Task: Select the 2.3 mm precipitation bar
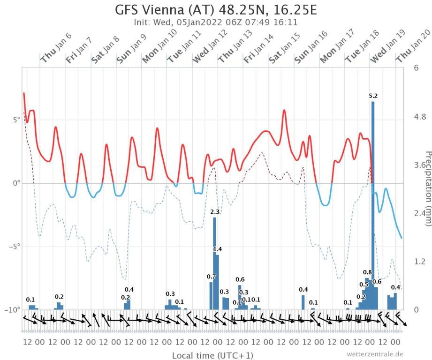point(215,263)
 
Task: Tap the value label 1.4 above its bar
point(218,249)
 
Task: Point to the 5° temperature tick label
point(16,119)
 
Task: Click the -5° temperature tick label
point(15,247)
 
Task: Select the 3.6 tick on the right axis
point(419,165)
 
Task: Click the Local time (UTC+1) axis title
point(212,355)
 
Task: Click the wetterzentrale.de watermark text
point(375,354)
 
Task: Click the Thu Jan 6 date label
point(56,52)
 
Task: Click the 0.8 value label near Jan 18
point(367,272)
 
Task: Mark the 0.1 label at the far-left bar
point(30,300)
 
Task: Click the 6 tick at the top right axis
point(416,67)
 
